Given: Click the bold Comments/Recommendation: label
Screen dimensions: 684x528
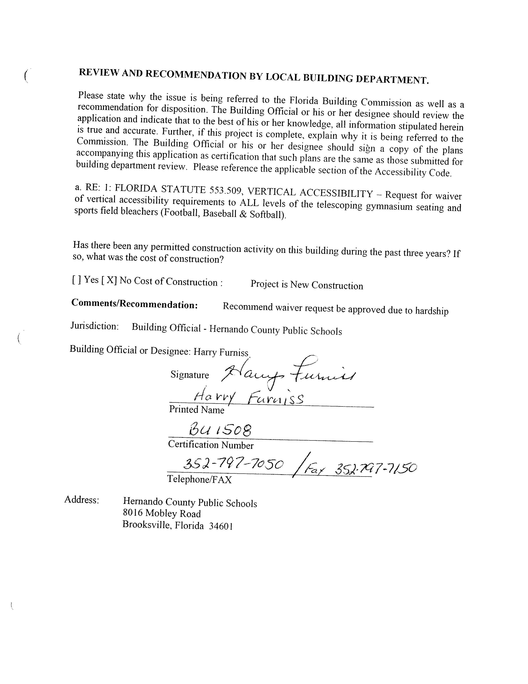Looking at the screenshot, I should [135, 304].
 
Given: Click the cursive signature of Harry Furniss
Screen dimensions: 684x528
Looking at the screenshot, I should [288, 373].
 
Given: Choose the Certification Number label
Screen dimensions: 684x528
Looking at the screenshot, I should [211, 445].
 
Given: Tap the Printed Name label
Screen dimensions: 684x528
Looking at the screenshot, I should [196, 410].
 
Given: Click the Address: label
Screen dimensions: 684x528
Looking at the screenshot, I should [82, 500].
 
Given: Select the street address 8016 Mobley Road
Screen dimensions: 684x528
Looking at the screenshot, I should [162, 513].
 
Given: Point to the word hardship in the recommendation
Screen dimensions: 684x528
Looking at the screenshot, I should [432, 311].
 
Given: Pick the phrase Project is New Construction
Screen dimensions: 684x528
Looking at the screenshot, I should [306, 285].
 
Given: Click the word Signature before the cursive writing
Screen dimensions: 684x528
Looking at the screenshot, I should [189, 375].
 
